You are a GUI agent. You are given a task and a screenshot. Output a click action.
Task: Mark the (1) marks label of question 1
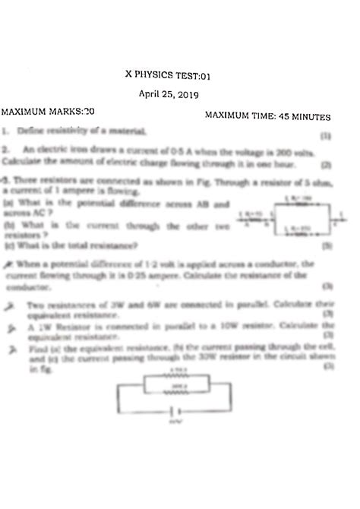click(x=326, y=138)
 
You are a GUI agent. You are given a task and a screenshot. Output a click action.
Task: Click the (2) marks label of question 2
click(x=326, y=163)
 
